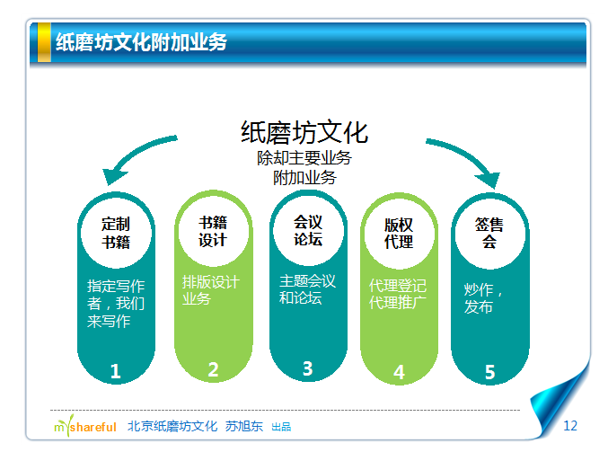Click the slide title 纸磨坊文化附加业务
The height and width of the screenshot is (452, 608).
tap(141, 42)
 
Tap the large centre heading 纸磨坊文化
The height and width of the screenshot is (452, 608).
tap(304, 132)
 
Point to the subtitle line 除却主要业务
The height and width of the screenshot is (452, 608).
tap(304, 158)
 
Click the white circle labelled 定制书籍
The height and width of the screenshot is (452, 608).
tap(116, 233)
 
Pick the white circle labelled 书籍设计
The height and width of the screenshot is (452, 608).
tap(213, 231)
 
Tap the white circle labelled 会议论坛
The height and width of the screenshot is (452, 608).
tap(308, 230)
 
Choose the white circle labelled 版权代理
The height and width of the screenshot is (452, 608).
tap(399, 233)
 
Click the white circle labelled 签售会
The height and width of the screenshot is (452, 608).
tap(489, 234)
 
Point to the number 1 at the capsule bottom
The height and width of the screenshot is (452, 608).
tap(115, 371)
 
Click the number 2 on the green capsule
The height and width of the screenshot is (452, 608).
tap(213, 369)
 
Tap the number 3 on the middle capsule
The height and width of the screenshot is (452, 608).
tap(307, 368)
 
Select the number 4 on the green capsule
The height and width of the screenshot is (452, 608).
tap(399, 372)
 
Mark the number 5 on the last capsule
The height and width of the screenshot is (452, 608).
tap(489, 372)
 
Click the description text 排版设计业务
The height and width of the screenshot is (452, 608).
tap(211, 290)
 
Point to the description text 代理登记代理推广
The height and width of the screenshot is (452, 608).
tap(398, 294)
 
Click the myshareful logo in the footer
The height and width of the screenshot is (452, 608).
tap(85, 426)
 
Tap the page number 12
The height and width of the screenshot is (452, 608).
tap(570, 426)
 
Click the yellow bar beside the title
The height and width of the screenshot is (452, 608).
tap(44, 42)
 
